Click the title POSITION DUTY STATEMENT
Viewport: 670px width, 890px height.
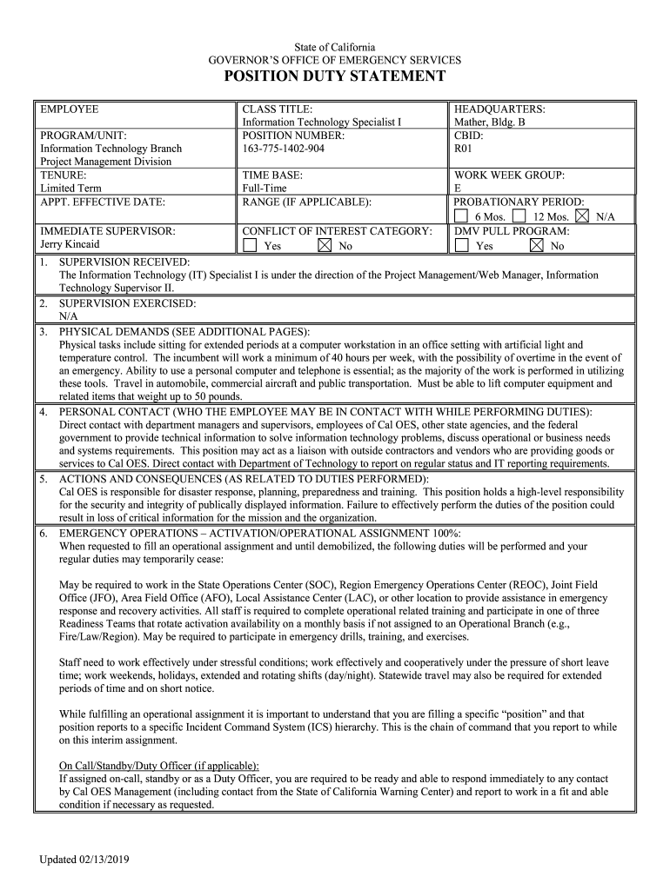click(x=335, y=77)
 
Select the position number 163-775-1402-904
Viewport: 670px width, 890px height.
click(x=284, y=149)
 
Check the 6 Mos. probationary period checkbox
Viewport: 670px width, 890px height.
click(x=460, y=216)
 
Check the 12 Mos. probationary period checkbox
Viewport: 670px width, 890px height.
click(x=519, y=216)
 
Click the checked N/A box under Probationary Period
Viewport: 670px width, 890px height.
click(x=582, y=216)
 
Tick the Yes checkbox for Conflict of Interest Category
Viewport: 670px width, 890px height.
click(x=250, y=246)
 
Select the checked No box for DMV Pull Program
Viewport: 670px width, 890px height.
click(x=536, y=246)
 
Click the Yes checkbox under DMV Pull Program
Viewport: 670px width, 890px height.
click(x=460, y=246)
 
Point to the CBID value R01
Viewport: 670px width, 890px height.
click(x=463, y=149)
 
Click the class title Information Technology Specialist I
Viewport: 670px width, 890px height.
click(x=321, y=123)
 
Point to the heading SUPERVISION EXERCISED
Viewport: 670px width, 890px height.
click(x=127, y=303)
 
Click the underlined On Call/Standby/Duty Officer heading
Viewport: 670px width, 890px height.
click(x=158, y=766)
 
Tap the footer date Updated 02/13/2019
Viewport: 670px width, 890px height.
click(x=84, y=860)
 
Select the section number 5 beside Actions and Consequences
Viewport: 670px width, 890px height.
click(x=43, y=479)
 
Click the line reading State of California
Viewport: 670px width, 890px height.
click(x=334, y=47)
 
